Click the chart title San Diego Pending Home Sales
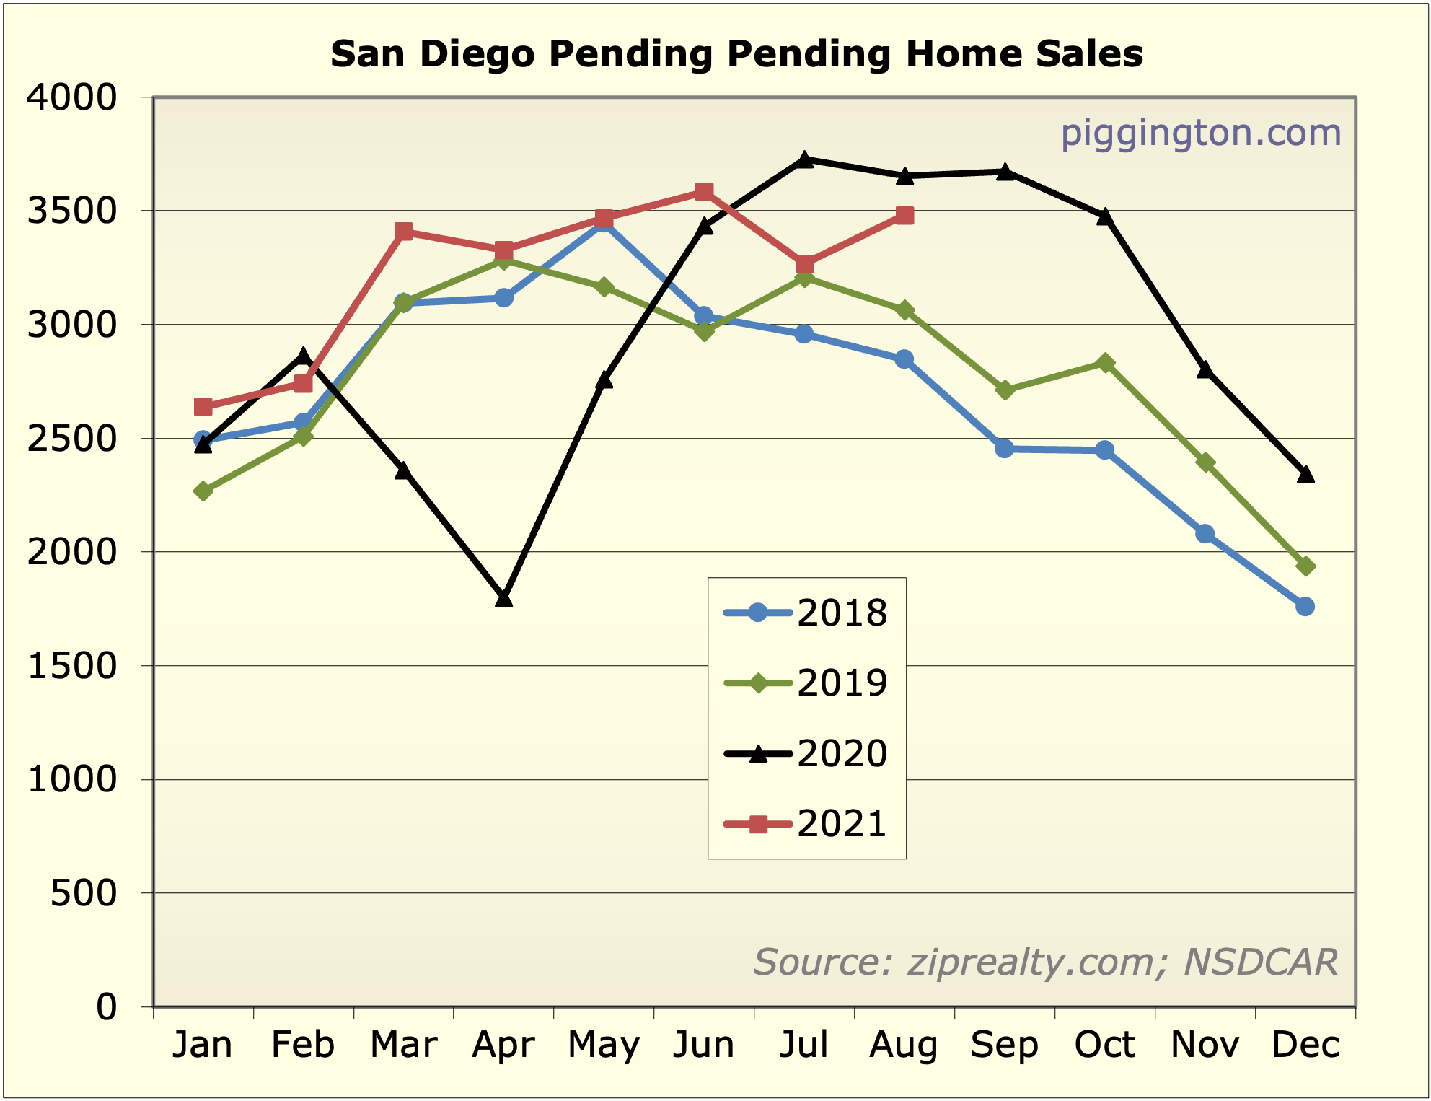(736, 54)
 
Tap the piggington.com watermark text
(1200, 133)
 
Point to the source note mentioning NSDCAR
(1045, 962)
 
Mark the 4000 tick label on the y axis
(71, 97)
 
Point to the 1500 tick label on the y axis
(71, 666)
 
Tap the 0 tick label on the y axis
(106, 1006)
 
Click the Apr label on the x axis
(503, 1045)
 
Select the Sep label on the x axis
(1004, 1045)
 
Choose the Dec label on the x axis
(1305, 1045)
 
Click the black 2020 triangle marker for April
(503, 598)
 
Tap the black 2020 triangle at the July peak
(805, 159)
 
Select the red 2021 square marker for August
(904, 216)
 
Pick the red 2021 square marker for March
(404, 232)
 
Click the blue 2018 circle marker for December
(1305, 607)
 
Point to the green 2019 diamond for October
(1105, 362)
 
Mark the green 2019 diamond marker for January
(203, 491)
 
